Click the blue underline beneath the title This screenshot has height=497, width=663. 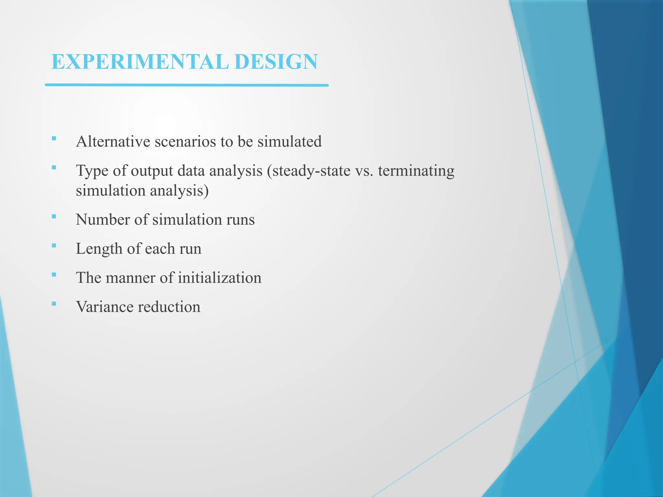tap(186, 85)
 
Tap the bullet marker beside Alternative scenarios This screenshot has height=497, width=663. tap(54, 139)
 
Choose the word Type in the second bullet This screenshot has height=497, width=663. tap(92, 171)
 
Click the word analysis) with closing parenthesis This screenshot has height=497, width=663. tap(179, 191)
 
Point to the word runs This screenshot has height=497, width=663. tap(241, 220)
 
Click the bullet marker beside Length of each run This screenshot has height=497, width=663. tap(54, 246)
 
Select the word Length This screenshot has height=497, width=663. tap(99, 249)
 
